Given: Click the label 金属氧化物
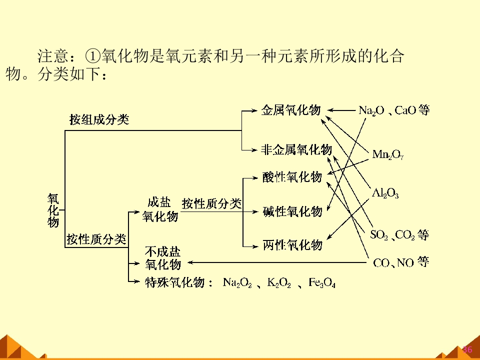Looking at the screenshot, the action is tap(291, 110).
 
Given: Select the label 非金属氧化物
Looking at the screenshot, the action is tap(296, 149).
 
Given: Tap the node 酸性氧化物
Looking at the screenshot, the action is tap(292, 177).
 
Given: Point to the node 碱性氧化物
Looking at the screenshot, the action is tap(292, 211).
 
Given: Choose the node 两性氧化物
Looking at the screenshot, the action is tap(292, 245).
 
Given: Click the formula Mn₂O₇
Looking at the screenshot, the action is tap(388, 154).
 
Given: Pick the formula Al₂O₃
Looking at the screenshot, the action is tap(385, 193).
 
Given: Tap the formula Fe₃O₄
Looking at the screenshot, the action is tap(321, 282).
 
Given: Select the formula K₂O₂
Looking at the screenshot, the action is tap(279, 282).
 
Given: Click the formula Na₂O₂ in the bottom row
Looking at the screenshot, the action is tap(237, 282).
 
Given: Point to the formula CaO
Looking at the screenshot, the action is tap(405, 110).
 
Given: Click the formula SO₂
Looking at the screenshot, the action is tap(379, 235).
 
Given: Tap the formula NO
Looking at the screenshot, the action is tap(405, 262).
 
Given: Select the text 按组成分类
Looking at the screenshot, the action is tap(99, 119).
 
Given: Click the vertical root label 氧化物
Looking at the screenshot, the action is tap(53, 210).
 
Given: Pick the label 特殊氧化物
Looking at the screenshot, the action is tap(175, 282).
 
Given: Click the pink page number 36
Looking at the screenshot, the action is tap(467, 349).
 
